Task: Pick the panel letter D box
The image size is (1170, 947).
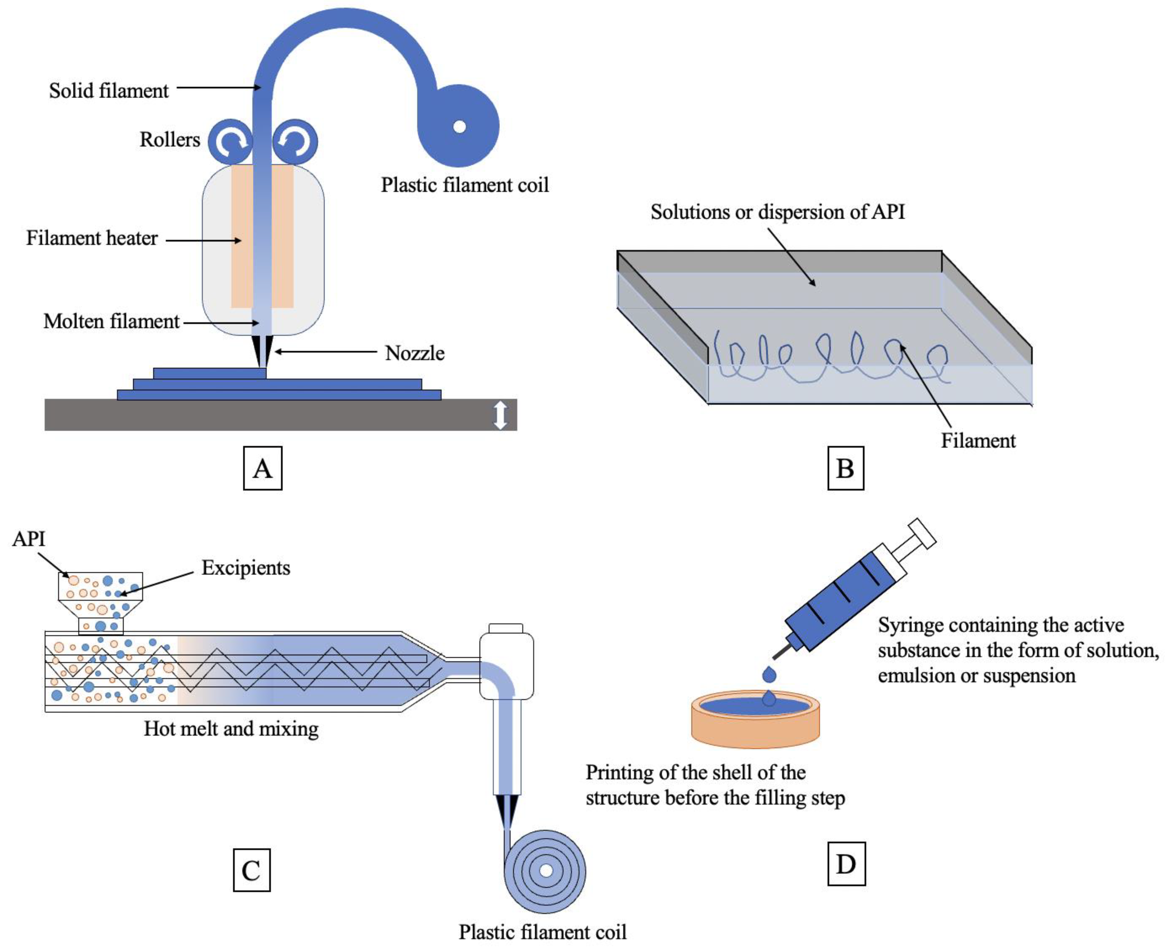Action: point(846,864)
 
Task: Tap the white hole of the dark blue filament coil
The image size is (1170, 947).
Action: point(459,127)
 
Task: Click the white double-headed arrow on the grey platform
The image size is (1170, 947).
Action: point(500,415)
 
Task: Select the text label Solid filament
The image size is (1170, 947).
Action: point(109,91)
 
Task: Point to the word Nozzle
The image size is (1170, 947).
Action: point(414,353)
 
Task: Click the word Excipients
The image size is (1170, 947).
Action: point(246,568)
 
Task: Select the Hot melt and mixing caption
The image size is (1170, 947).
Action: point(231,729)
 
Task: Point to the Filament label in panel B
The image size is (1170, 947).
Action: point(978,441)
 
